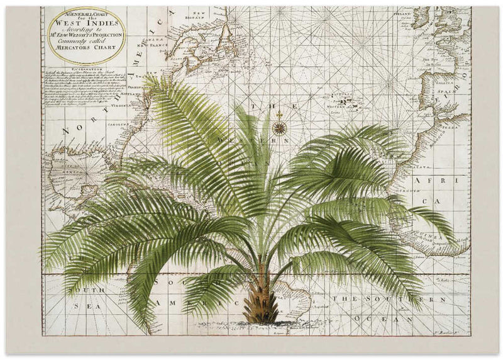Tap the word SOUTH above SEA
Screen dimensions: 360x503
(89, 290)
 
